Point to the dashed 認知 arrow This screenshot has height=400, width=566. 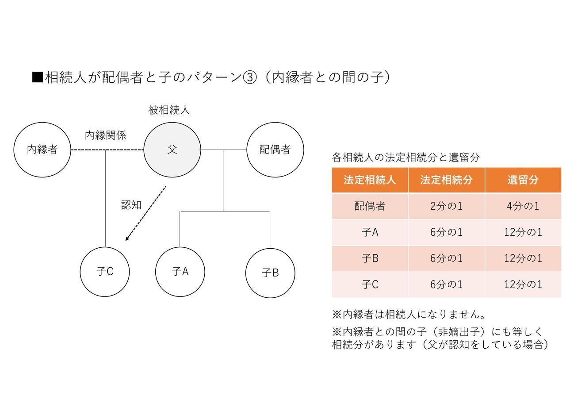146,213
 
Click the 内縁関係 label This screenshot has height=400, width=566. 105,135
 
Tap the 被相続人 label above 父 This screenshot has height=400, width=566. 169,110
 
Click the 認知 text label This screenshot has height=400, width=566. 131,205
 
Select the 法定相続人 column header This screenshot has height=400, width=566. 370,180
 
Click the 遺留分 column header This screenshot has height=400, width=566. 523,180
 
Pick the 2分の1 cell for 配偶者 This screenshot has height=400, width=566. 446,206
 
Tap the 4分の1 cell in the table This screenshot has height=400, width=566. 523,206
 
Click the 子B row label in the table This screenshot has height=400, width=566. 370,258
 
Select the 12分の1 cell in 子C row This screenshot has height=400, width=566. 523,285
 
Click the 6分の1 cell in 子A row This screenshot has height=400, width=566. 446,232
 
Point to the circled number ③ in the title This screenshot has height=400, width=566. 250,77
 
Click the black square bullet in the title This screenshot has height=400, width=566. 38,77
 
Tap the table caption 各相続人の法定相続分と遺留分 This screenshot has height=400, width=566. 406,157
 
